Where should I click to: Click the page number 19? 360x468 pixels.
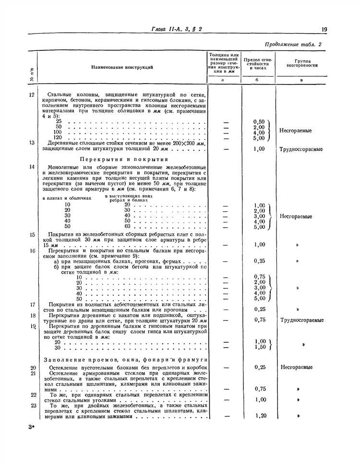click(325, 30)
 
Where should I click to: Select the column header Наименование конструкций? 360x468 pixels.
click(123, 67)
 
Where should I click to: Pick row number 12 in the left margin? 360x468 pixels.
click(32, 95)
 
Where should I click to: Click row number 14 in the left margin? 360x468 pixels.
click(32, 167)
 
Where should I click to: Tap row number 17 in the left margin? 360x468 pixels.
click(32, 304)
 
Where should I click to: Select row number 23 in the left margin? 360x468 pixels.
click(33, 405)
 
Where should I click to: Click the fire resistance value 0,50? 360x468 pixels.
click(259, 121)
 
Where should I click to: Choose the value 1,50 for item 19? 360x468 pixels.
click(259, 347)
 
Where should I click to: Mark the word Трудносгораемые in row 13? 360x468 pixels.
click(301, 149)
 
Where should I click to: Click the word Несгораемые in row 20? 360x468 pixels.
click(296, 367)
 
